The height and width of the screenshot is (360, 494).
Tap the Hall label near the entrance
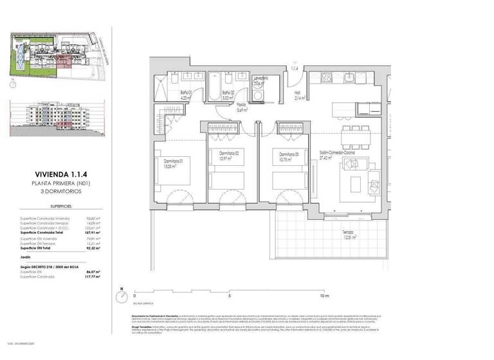(298, 95)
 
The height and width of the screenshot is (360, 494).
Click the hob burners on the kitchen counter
(326, 78)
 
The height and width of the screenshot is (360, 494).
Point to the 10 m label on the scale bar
(324, 296)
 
